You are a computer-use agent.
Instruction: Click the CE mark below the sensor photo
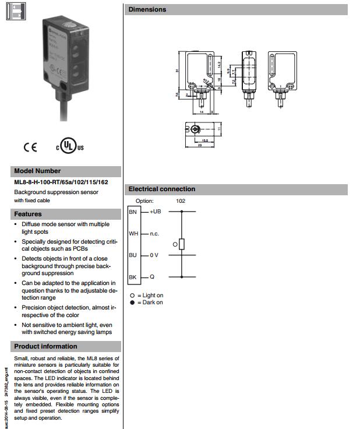coord(30,147)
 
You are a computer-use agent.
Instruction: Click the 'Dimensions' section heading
coord(147,9)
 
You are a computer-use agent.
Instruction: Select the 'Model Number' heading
coord(37,171)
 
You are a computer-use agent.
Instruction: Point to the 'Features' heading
coord(28,214)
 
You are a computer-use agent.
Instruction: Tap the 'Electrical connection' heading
coord(161,189)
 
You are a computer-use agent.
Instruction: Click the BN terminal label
coord(132,212)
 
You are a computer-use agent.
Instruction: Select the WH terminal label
coord(133,234)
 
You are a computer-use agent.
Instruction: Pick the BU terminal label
coord(133,255)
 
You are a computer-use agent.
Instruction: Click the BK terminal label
coord(133,277)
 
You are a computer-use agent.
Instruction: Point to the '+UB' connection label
coord(154,212)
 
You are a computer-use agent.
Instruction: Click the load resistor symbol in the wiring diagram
coord(182,244)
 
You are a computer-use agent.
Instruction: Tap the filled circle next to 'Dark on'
coord(132,303)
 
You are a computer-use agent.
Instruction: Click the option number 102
coord(181,201)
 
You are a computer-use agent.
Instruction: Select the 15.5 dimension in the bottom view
coord(204,140)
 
